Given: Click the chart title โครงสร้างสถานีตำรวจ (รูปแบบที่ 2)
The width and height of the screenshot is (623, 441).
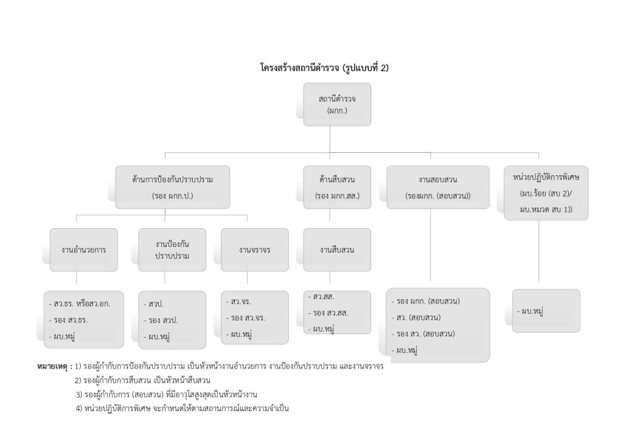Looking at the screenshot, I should coord(324,68).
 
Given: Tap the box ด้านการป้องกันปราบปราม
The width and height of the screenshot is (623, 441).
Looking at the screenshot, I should coord(172,187).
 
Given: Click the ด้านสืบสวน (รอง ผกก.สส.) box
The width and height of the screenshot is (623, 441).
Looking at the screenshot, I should coord(337,187).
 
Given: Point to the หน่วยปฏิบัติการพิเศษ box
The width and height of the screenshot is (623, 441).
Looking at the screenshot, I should coord(546,192).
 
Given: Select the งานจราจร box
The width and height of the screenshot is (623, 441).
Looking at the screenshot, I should coord(254,249).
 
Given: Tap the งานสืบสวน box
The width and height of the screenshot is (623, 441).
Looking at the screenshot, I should coord(337,249).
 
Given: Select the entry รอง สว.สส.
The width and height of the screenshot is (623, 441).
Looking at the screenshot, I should coord(330,313).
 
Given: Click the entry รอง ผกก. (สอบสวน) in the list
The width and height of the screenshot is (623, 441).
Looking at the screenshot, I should coord(428,301).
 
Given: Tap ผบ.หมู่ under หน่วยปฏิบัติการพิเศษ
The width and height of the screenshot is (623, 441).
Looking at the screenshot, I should coord(531,311).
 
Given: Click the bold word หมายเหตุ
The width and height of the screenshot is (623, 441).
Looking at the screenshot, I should coord(54,367).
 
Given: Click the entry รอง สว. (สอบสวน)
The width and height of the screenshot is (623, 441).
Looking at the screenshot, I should coord(425,333).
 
